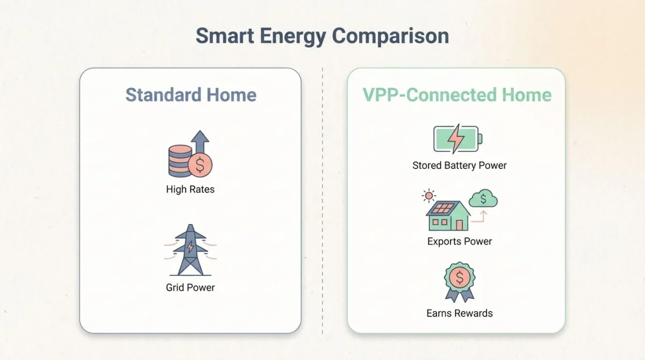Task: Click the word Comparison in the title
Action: pyautogui.click(x=390, y=37)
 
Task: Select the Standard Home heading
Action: pyautogui.click(x=191, y=95)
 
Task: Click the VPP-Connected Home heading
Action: pyautogui.click(x=457, y=95)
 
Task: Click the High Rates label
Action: pyautogui.click(x=190, y=189)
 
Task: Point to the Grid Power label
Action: pyautogui.click(x=190, y=287)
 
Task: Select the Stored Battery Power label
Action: pyautogui.click(x=460, y=165)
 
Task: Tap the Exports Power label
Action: pyautogui.click(x=460, y=241)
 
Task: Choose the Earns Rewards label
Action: pyautogui.click(x=460, y=313)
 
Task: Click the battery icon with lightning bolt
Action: pyautogui.click(x=457, y=139)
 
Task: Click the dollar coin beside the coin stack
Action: pyautogui.click(x=200, y=165)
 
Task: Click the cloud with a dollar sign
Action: pyautogui.click(x=483, y=199)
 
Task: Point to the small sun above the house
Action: pyautogui.click(x=429, y=195)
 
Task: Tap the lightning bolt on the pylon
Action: pyautogui.click(x=190, y=247)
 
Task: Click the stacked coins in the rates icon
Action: pyautogui.click(x=180, y=161)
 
